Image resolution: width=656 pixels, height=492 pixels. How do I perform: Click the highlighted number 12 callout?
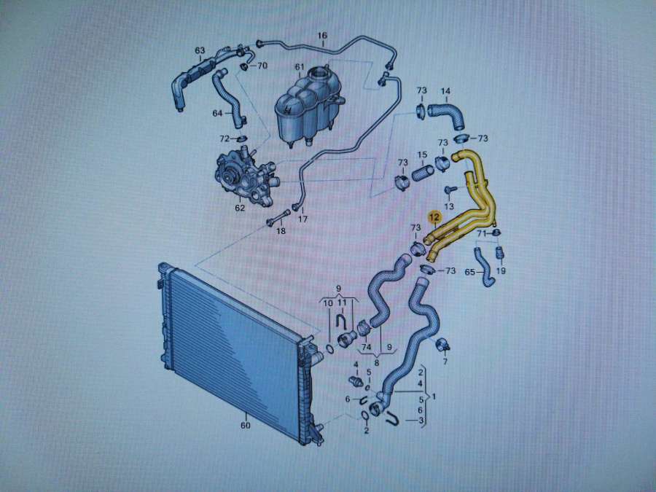coord(434,217)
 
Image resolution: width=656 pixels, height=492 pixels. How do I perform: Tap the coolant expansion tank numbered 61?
coord(309,107)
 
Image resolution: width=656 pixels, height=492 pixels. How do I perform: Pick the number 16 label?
coord(321,36)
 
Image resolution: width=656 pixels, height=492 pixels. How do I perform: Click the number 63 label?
coord(200,50)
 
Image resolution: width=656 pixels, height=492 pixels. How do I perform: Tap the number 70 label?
coord(262,66)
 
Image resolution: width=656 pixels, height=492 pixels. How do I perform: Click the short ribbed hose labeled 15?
coord(423,173)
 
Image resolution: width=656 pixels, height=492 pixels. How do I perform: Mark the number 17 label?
coord(302,219)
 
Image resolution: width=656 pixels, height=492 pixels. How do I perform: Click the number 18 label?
coord(281,230)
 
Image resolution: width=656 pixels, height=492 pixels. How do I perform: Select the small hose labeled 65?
coord(484,267)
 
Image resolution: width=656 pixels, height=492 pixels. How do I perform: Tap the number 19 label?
coord(500,270)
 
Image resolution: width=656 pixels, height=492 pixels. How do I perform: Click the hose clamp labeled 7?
coord(443,345)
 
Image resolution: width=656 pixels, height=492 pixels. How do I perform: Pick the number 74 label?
coord(366,347)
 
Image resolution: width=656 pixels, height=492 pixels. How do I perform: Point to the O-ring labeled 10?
coord(329,348)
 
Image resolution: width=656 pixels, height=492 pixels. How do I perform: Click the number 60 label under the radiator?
coord(246,425)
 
